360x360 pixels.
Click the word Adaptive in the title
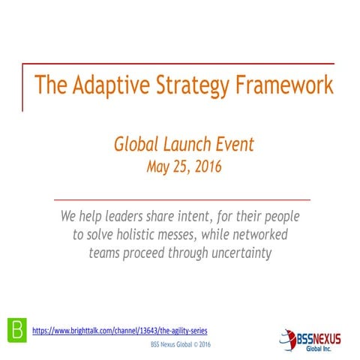point(109,85)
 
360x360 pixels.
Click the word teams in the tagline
point(106,253)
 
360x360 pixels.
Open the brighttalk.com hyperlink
point(120,330)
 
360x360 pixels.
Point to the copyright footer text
point(180,345)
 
